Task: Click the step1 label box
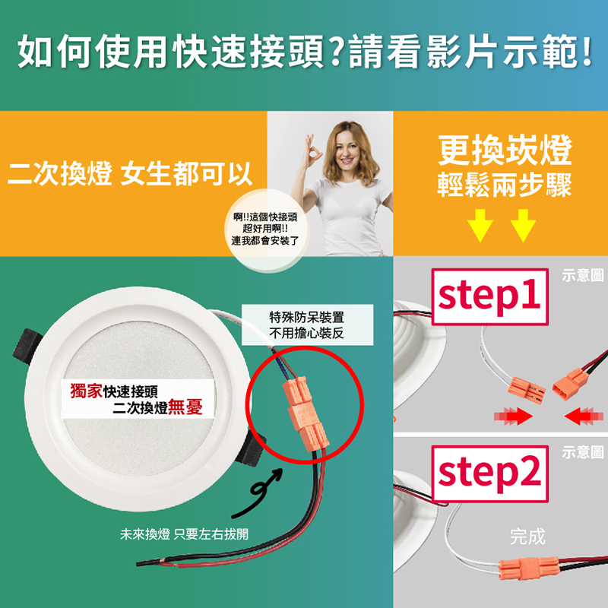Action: pos(489,296)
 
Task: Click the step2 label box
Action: pos(489,473)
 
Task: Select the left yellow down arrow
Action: pos(480,225)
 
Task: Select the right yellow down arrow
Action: pos(523,225)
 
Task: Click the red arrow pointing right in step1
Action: pos(513,416)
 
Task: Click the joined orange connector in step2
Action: pos(529,568)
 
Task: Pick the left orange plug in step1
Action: pos(526,390)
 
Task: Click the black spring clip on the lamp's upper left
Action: pos(27,347)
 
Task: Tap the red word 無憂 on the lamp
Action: pos(185,407)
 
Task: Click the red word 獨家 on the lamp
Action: pos(87,391)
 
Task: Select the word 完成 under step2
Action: pos(527,537)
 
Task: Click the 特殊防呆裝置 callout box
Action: pos(307,325)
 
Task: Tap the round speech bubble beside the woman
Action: pos(265,230)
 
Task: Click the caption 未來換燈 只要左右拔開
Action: pos(184,534)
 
